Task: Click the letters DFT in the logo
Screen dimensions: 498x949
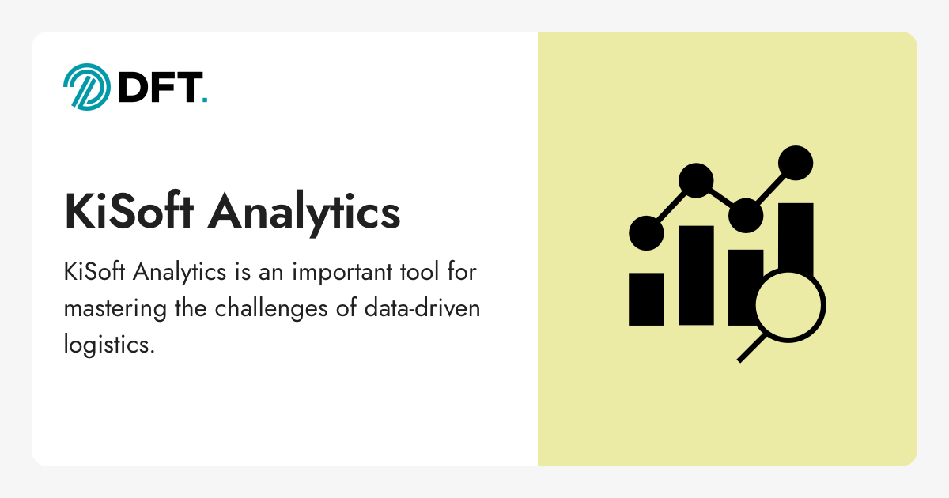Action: point(158,87)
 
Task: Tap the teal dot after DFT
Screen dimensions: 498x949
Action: point(205,100)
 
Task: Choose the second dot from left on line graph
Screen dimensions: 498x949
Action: point(696,181)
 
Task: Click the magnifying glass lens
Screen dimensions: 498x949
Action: point(789,305)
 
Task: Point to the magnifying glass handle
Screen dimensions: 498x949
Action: point(751,349)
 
